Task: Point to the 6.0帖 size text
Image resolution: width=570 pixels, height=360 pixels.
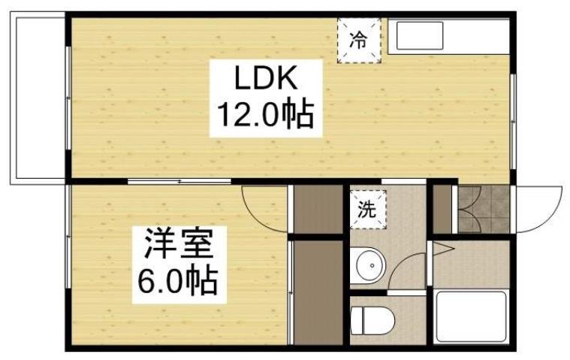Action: [x=177, y=282]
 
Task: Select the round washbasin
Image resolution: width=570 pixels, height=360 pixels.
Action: [x=368, y=265]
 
